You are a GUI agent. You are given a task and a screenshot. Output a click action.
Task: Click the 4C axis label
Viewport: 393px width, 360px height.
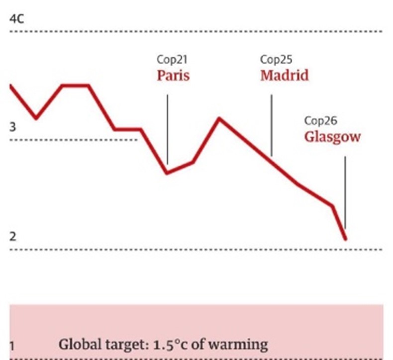pos(16,20)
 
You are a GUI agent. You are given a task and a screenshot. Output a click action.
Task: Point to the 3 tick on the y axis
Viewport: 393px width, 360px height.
pos(12,127)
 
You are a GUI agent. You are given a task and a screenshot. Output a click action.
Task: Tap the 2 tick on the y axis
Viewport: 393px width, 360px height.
pos(12,236)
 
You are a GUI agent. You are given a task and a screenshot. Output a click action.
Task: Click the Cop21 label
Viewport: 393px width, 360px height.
pos(172,60)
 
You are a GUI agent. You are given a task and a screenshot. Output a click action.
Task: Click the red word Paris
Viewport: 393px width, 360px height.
pos(173,76)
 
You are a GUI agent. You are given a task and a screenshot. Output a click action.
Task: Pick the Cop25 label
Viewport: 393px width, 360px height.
pos(276,60)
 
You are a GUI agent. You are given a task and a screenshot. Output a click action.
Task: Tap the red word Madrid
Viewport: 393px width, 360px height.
pos(284,76)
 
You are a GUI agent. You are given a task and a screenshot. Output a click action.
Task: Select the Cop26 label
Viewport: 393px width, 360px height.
pos(320,120)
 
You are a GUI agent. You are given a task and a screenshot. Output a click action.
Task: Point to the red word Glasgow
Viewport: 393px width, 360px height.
pos(332,136)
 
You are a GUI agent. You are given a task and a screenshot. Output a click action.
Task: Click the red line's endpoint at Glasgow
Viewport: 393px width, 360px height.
pos(345,239)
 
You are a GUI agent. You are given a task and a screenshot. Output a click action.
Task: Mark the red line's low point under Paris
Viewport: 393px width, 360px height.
pos(167,173)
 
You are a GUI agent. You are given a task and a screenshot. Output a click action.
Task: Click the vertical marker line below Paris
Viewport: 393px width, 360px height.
pos(167,129)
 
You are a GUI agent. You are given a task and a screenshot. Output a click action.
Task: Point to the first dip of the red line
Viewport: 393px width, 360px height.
pos(36,118)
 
